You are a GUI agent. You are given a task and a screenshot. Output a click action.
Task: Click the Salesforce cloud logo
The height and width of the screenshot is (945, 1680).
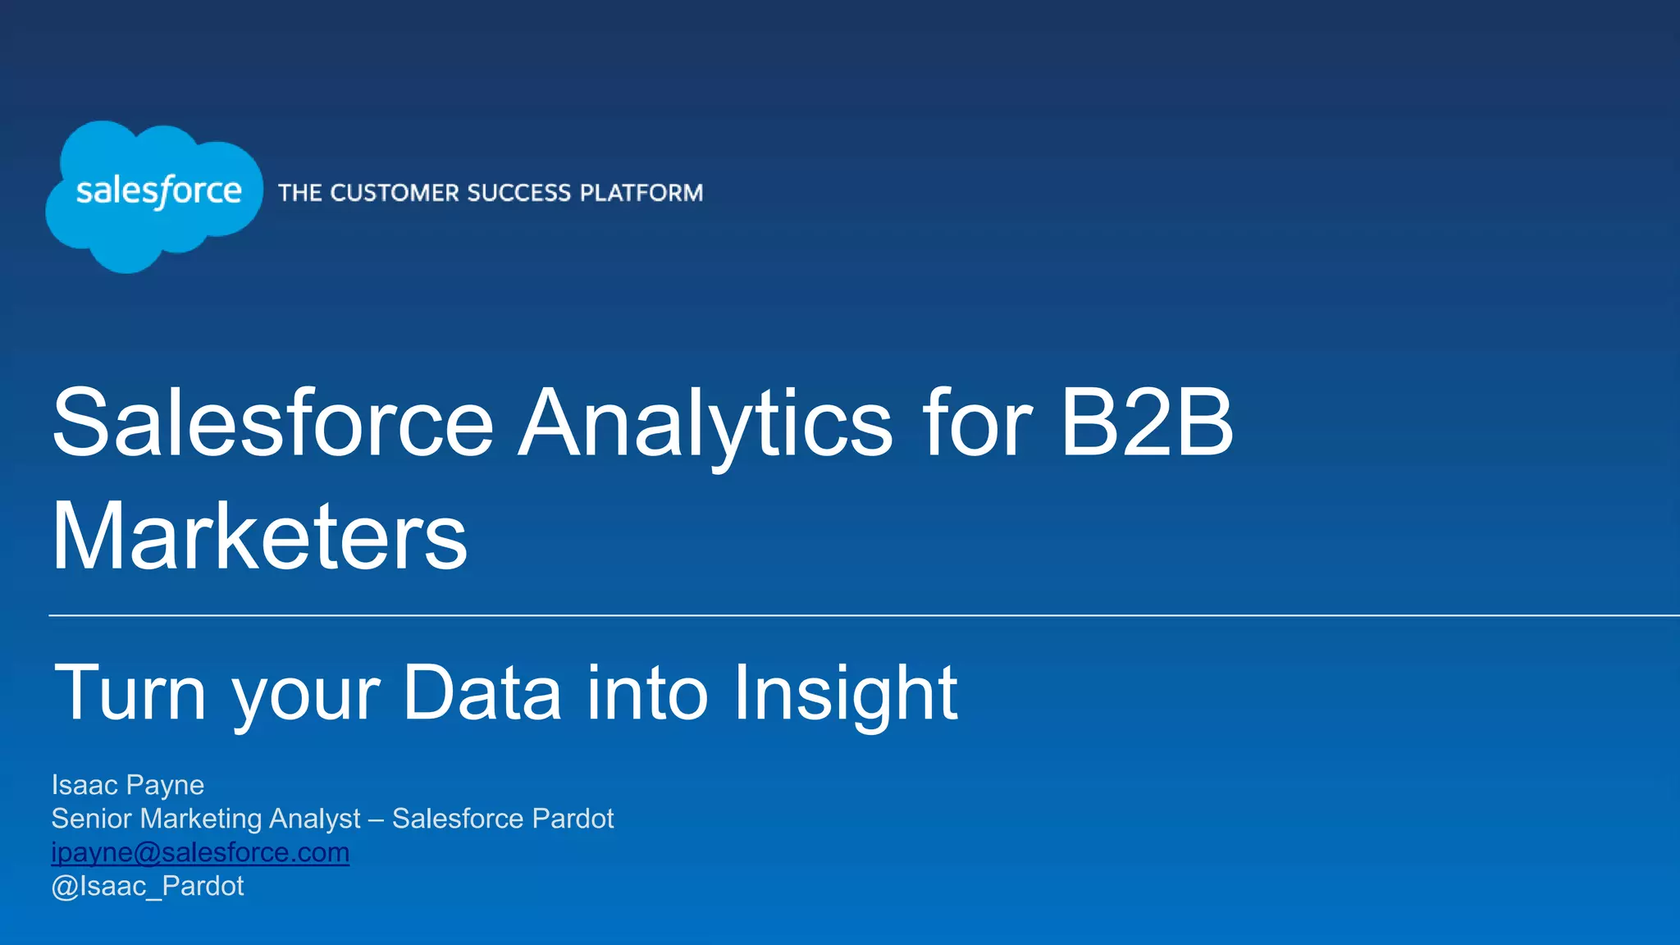[x=154, y=195]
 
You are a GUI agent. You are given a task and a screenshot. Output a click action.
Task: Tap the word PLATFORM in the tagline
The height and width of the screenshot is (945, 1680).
[x=641, y=194]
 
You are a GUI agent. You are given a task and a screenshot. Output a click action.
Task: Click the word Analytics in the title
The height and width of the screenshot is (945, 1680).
[x=705, y=425]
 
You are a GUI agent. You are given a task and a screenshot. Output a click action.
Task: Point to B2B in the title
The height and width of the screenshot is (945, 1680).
[x=1146, y=423]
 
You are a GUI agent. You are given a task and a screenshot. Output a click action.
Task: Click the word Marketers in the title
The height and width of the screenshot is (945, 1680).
[x=259, y=537]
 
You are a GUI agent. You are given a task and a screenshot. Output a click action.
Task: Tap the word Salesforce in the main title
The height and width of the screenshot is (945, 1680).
[x=272, y=423]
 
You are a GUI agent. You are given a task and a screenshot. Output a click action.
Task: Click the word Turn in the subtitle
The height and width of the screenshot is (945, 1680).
[x=130, y=694]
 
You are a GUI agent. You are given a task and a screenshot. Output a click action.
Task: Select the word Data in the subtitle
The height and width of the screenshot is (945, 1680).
[x=482, y=694]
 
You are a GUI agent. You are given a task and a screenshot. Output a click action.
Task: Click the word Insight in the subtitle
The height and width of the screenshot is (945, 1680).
[x=845, y=694]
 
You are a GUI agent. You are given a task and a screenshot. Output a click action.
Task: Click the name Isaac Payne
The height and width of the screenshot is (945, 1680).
[x=128, y=785]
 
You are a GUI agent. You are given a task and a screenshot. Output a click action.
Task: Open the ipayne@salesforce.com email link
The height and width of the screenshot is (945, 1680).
[x=200, y=852]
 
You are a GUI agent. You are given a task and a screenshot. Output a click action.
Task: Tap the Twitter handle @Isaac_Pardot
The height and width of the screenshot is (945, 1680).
[x=148, y=886]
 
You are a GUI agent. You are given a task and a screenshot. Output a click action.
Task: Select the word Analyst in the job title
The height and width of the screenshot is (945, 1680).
[x=315, y=819]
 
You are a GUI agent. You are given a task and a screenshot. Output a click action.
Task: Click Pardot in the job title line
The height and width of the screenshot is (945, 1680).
[x=573, y=819]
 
